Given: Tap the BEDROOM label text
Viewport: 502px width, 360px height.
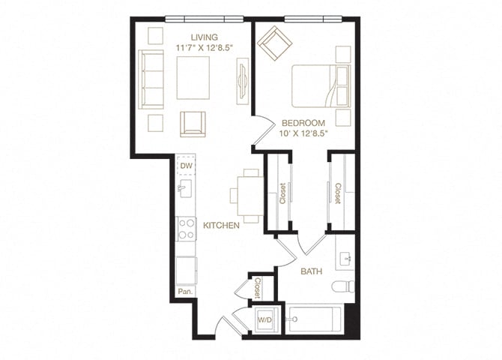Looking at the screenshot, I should point(303,123).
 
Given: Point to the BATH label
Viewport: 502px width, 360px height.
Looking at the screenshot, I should point(312,271).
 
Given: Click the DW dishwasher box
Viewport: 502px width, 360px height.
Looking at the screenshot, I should point(186,167).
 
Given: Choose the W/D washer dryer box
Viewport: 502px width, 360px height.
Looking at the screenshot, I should point(264,320).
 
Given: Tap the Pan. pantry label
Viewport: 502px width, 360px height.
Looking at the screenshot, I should point(184,291).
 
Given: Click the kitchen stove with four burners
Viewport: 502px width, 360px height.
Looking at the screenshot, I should point(186,229).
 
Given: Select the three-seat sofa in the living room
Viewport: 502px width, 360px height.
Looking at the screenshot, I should point(152,79).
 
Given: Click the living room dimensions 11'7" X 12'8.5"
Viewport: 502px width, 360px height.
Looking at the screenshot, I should point(204,48).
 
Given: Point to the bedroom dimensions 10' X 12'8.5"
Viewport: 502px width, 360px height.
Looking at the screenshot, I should point(303,134).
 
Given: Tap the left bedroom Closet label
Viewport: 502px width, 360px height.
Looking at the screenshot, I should point(282,193).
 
